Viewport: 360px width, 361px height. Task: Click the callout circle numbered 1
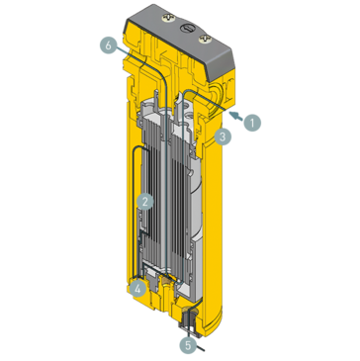pyautogui.click(x=252, y=123)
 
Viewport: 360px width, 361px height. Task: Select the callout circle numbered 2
pyautogui.click(x=145, y=201)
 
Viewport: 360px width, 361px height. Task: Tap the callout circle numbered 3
pyautogui.click(x=225, y=137)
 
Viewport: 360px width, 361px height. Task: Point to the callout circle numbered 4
pyautogui.click(x=137, y=288)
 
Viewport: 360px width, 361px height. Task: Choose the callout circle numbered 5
pyautogui.click(x=188, y=345)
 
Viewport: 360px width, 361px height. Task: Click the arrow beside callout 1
pyautogui.click(x=234, y=115)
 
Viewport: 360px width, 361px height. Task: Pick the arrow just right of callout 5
pyautogui.click(x=202, y=349)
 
